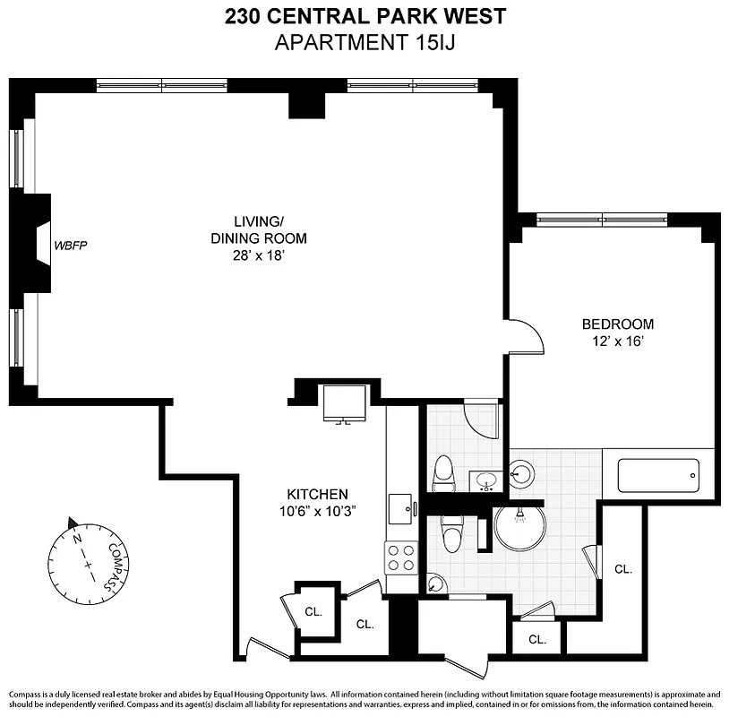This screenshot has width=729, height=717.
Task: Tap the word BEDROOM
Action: [617, 324]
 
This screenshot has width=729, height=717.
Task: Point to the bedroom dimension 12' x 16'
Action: [617, 341]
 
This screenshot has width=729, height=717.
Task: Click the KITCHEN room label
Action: [316, 494]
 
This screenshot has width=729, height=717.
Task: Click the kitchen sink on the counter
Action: [400, 509]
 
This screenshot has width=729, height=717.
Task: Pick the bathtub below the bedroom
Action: [657, 475]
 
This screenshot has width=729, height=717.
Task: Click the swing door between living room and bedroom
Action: [527, 336]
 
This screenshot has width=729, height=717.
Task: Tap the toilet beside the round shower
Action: [453, 534]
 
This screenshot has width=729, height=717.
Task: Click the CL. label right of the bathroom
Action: [622, 568]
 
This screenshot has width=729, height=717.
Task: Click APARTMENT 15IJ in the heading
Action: [364, 42]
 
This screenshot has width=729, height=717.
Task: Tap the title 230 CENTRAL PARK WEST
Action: [364, 16]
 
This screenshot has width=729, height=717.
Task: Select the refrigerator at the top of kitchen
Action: [345, 404]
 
